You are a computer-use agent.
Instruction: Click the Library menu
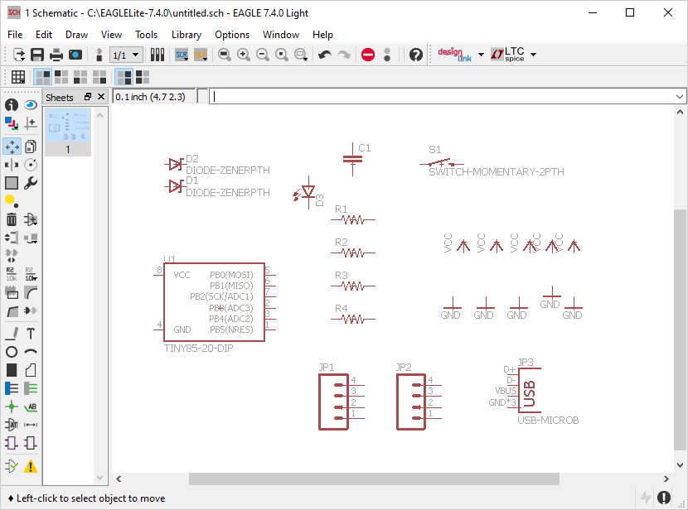point(186,35)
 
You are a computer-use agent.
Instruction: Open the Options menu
point(232,35)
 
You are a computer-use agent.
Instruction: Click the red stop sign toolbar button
point(368,55)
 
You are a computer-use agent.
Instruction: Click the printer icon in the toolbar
point(56,55)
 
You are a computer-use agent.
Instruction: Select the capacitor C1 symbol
point(354,157)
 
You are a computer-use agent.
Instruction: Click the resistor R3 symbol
point(353,286)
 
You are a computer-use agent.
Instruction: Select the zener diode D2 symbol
point(175,165)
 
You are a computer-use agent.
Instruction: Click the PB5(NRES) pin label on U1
point(230,330)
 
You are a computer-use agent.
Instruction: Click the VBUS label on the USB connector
point(506,392)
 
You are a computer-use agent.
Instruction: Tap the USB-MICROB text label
point(547,421)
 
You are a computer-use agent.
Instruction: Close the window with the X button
point(668,12)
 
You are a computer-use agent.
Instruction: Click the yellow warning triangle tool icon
point(31,467)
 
